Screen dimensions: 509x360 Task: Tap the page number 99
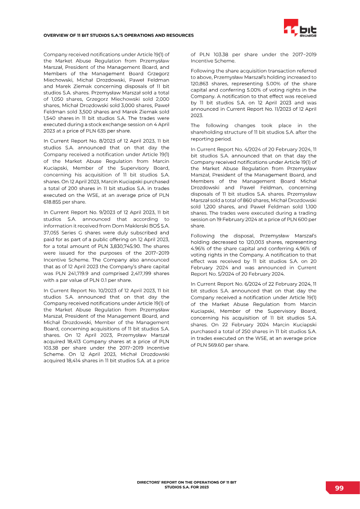tap(339, 488)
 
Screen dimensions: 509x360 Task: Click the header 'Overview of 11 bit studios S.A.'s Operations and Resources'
tap(118, 35)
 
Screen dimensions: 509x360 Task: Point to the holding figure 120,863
tap(201, 83)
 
